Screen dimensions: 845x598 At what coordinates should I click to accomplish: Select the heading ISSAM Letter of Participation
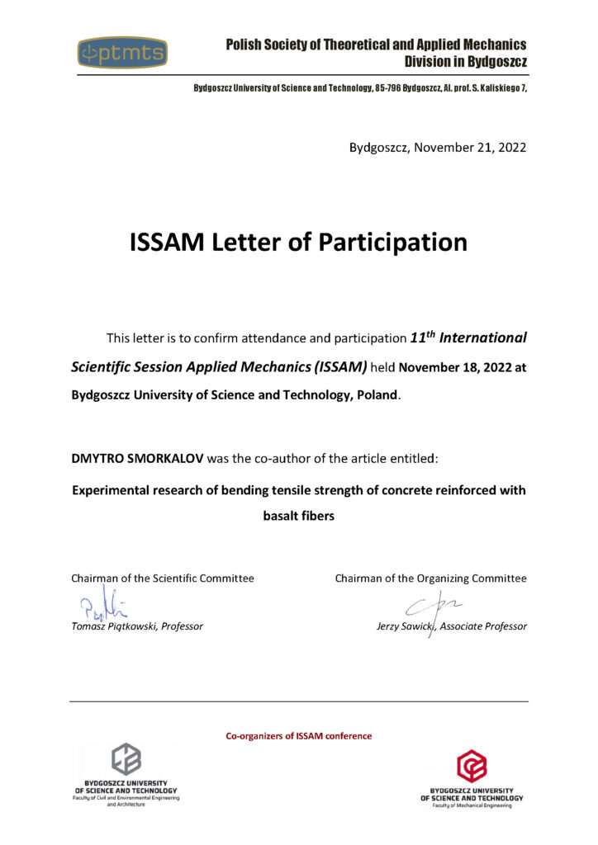(298, 243)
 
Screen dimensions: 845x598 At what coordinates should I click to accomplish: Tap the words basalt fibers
(298, 517)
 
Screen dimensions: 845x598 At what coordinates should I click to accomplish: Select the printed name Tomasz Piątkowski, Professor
(137, 626)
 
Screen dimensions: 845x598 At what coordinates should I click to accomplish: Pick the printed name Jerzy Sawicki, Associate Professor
(451, 626)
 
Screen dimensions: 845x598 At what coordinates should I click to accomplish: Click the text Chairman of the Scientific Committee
(163, 578)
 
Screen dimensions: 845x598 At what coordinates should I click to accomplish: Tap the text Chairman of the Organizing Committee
(430, 578)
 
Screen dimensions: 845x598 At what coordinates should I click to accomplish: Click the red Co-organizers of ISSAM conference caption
(299, 735)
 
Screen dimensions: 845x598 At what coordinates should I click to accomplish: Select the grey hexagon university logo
(126, 758)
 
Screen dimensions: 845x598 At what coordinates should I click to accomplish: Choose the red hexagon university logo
(472, 766)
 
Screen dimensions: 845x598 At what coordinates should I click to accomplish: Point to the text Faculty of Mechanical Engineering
(472, 805)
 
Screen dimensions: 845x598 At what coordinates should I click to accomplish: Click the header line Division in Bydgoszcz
(465, 61)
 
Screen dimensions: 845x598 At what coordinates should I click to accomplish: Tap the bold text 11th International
(468, 338)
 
